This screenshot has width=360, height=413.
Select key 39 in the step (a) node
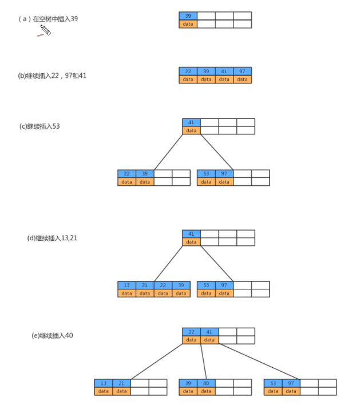click(188, 16)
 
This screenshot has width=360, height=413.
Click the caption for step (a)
click(48, 19)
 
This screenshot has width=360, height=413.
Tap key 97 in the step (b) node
click(242, 72)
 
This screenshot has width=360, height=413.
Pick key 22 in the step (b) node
click(188, 72)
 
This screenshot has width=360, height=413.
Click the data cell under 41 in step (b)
click(224, 80)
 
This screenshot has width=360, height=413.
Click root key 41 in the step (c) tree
click(191, 122)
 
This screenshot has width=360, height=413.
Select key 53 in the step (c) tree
click(206, 174)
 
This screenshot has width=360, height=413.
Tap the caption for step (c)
click(39, 126)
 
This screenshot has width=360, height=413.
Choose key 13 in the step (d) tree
click(126, 285)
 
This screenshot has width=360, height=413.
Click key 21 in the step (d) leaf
click(145, 285)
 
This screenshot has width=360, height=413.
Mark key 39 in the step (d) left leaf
click(181, 285)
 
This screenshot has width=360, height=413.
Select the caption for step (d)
click(52, 238)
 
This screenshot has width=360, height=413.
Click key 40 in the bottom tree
click(206, 383)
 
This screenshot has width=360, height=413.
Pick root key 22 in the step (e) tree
click(191, 332)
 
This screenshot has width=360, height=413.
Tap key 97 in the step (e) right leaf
click(291, 383)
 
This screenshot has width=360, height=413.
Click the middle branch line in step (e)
click(204, 361)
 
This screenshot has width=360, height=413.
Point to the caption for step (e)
click(52, 335)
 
